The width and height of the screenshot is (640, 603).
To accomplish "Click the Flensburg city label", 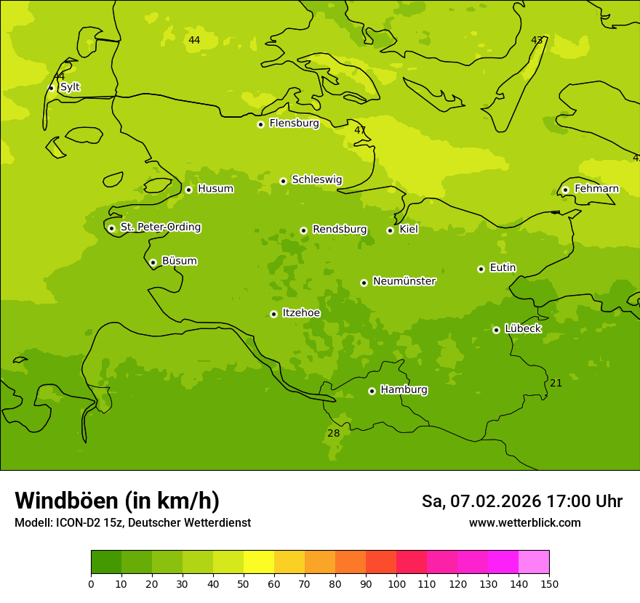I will (294, 124).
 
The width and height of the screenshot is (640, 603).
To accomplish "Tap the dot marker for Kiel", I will (390, 230).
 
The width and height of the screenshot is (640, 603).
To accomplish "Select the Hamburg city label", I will (404, 390).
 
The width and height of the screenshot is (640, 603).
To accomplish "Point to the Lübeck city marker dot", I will (496, 330).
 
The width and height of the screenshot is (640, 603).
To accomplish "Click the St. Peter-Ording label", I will (160, 227).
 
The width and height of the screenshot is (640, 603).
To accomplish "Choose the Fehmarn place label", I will (596, 189).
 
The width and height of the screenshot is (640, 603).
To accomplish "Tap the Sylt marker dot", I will (51, 88).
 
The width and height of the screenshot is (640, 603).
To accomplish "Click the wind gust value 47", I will (360, 130).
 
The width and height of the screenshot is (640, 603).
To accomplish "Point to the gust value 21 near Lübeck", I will (556, 383).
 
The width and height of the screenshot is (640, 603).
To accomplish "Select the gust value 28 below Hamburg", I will (333, 433).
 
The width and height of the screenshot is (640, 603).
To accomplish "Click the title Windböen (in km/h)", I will (117, 501).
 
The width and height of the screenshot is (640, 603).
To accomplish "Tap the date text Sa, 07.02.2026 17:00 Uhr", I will (521, 501).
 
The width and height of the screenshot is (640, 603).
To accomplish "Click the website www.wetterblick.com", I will (524, 523).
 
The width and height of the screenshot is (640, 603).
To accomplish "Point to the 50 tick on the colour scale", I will (244, 583).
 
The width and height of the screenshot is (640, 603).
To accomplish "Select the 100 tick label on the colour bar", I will (396, 583).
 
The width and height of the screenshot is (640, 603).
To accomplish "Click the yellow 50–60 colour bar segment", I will (259, 562).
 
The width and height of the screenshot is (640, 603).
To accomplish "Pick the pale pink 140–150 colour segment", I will (534, 562).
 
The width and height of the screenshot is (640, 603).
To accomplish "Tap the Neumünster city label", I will (404, 281).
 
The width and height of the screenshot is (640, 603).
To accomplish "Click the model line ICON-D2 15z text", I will (132, 523).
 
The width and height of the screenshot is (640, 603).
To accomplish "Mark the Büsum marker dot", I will (153, 262).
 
